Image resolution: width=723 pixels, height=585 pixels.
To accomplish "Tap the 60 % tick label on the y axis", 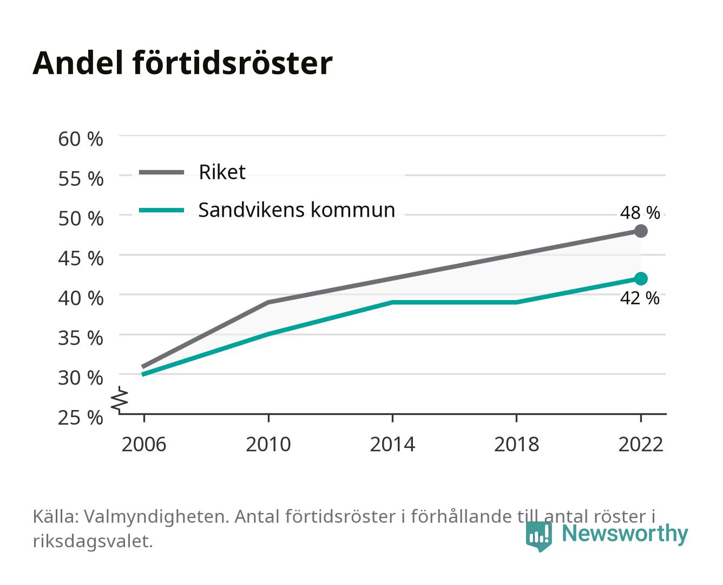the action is pyautogui.click(x=81, y=139).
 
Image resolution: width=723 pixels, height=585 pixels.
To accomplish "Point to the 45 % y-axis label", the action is pyautogui.click(x=81, y=258).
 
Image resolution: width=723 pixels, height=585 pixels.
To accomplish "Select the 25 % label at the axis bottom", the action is pyautogui.click(x=81, y=418).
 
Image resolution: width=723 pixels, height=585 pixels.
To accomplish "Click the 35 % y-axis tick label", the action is pyautogui.click(x=81, y=338).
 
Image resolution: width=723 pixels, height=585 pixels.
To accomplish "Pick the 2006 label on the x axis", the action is pyautogui.click(x=144, y=444).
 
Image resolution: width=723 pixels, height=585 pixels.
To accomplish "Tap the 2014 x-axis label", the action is pyautogui.click(x=392, y=444).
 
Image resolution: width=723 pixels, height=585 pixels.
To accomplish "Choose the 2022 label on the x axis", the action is pyautogui.click(x=641, y=444).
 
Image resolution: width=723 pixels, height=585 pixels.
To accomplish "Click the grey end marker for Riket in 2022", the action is pyautogui.click(x=641, y=231).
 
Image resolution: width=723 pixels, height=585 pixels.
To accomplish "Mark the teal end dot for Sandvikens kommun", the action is pyautogui.click(x=641, y=278).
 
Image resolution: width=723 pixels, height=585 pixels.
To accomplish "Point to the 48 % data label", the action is pyautogui.click(x=640, y=213).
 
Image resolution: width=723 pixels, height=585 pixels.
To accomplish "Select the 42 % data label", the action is pyautogui.click(x=640, y=298).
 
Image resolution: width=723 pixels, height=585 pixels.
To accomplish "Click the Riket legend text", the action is pyautogui.click(x=222, y=172).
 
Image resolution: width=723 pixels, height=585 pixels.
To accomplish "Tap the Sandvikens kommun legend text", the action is pyautogui.click(x=297, y=210).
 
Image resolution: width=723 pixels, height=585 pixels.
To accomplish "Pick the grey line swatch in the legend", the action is pyautogui.click(x=162, y=172).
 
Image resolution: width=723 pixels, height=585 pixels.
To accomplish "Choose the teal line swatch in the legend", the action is pyautogui.click(x=162, y=210).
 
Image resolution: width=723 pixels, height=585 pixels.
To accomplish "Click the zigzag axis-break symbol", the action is pyautogui.click(x=120, y=399).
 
